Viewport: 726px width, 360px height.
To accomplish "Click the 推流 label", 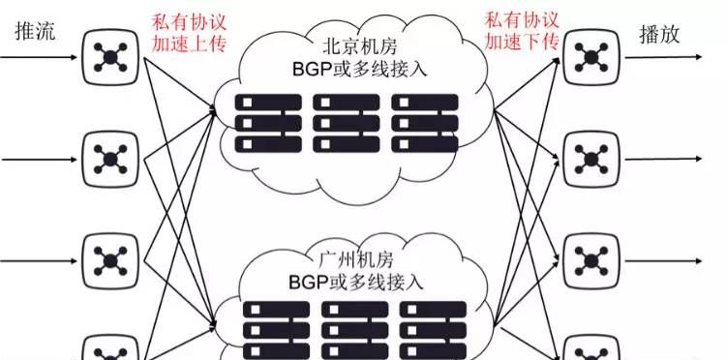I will click(x=36, y=31).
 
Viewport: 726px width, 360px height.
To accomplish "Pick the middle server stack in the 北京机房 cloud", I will click(x=344, y=122).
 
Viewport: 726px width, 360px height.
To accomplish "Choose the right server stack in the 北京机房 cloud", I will click(x=422, y=122).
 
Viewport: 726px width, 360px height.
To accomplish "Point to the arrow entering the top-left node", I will click(x=39, y=56).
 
